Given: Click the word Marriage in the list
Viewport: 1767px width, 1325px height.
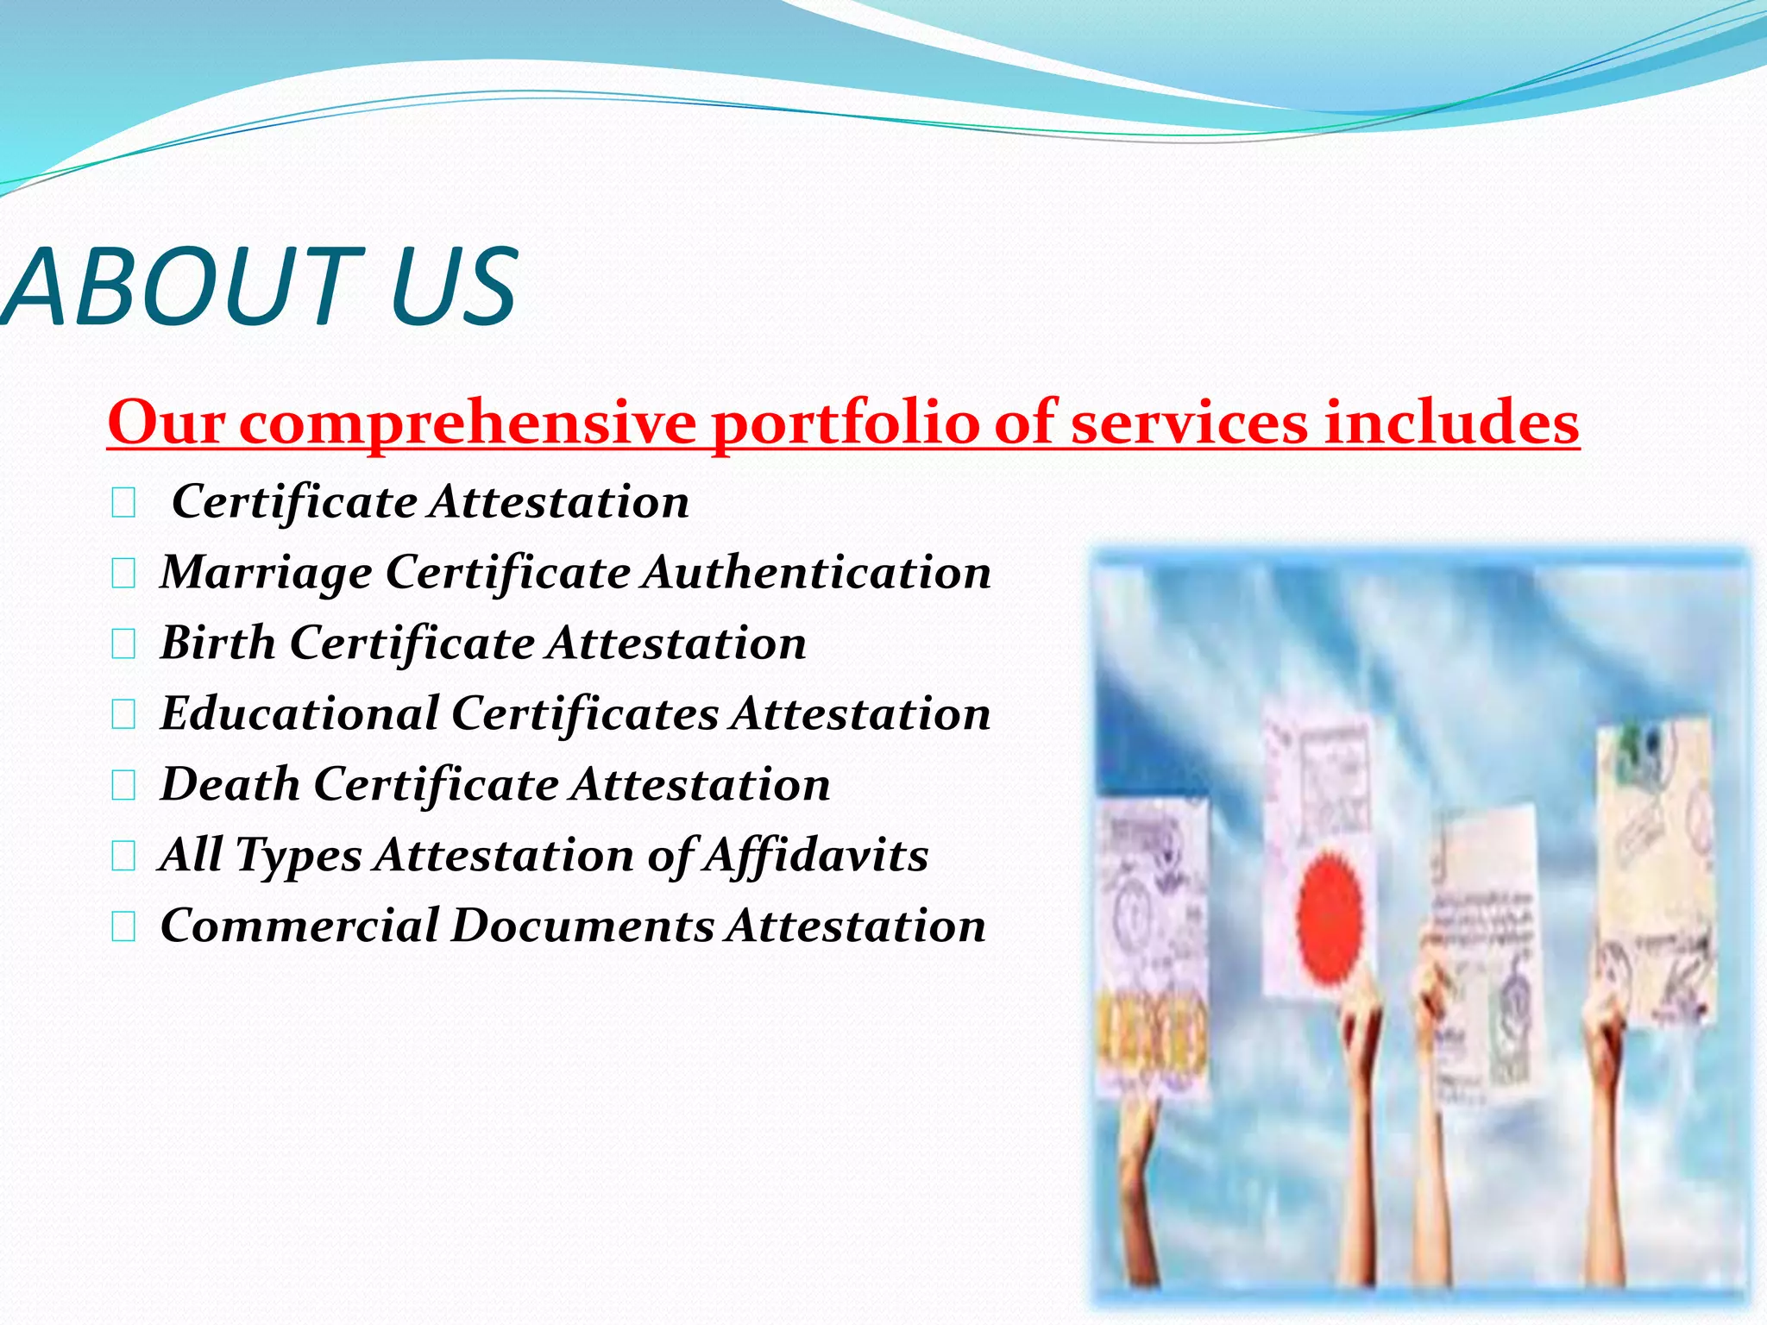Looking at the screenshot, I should pos(266,574).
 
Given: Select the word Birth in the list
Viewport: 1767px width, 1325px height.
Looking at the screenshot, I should pos(217,643).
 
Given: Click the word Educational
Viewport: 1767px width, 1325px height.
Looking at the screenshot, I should pos(299,713).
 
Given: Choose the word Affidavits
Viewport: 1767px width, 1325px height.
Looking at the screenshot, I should pos(815,856).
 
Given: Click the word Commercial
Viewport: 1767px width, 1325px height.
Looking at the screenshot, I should pos(299,926).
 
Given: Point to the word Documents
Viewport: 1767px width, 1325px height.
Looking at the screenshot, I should pos(582,926).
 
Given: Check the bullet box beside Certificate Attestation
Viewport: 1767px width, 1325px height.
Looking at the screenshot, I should pos(123,503).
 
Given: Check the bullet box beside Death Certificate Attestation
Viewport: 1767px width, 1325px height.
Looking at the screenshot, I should pos(123,786).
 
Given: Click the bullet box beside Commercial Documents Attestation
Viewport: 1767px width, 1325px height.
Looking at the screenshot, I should pos(123,927).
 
